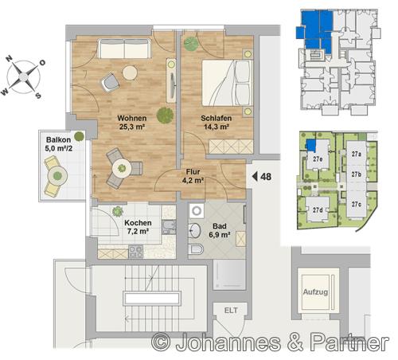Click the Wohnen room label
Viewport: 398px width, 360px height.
[x=132, y=118]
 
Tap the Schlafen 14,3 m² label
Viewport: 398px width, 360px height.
[x=217, y=122]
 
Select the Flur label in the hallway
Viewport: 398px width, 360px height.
[x=193, y=171]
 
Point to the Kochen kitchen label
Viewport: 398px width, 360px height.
[x=138, y=223]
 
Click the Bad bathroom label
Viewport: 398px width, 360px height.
[x=220, y=226]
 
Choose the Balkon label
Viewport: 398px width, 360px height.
[x=59, y=139]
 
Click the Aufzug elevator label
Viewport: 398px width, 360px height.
[x=315, y=292]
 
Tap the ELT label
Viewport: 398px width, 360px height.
[x=231, y=311]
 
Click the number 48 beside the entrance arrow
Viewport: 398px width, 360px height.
[x=266, y=177]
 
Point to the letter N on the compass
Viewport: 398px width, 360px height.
[x=10, y=58]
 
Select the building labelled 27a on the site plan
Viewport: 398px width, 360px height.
[x=357, y=154]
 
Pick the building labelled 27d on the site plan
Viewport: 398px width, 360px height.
[x=318, y=210]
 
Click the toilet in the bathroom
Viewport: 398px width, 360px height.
[x=196, y=249]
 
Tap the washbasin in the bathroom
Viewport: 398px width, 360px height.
[x=195, y=230]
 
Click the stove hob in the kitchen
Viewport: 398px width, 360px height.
[x=135, y=252]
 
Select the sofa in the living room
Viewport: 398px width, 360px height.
[x=124, y=49]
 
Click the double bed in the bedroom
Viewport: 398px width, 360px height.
[x=227, y=83]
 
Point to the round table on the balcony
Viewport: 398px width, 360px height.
[x=57, y=175]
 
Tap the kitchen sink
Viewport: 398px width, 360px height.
[x=168, y=228]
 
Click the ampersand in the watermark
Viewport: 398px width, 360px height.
[x=295, y=342]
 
